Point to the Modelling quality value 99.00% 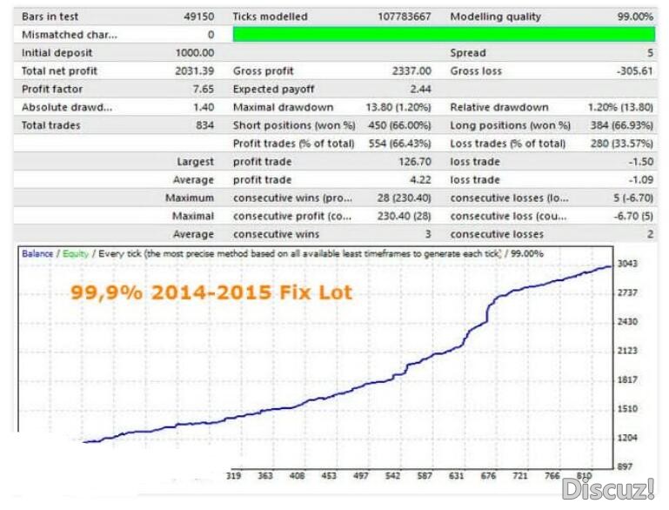tap(634, 17)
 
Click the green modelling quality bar tap(444, 35)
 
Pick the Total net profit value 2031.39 tap(195, 71)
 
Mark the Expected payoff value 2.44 tap(420, 90)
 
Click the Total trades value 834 tap(204, 125)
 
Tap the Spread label tap(468, 53)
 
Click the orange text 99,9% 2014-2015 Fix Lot tap(211, 293)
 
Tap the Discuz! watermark tap(608, 488)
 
